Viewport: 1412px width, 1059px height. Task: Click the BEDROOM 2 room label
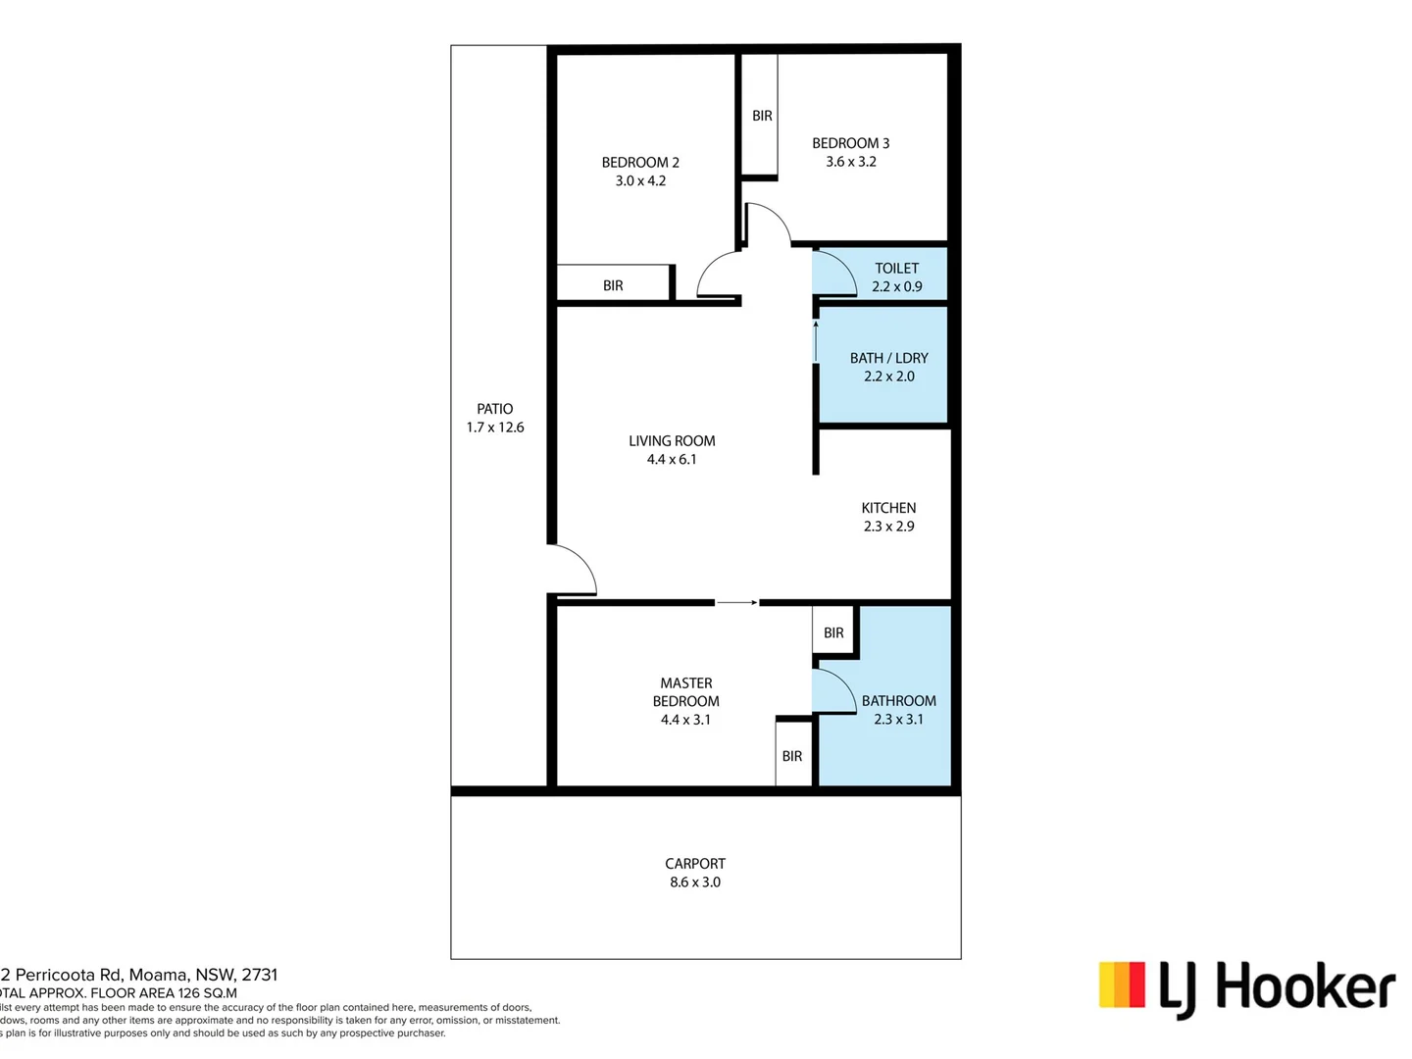click(x=640, y=163)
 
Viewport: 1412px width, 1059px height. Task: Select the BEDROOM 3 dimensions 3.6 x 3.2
click(x=850, y=162)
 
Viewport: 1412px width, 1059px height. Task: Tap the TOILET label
click(x=896, y=269)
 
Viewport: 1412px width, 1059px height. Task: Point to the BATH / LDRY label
click(x=888, y=358)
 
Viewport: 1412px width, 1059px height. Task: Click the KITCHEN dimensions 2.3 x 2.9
click(x=888, y=527)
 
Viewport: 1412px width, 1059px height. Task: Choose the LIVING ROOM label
click(x=672, y=441)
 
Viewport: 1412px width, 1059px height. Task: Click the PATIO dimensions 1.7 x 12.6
click(x=495, y=428)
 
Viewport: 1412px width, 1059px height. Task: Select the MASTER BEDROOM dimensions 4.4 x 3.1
click(x=685, y=720)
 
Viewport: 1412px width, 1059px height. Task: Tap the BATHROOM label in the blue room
click(x=898, y=701)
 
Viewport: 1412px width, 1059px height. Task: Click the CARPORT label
click(x=695, y=864)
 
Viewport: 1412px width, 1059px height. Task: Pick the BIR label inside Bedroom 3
click(x=762, y=116)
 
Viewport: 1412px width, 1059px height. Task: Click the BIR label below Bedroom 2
click(x=613, y=285)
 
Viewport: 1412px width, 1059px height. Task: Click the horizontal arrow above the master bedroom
click(x=736, y=602)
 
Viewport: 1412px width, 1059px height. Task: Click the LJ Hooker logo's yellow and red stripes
click(x=1122, y=984)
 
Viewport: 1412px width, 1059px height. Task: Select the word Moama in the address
click(x=159, y=975)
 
